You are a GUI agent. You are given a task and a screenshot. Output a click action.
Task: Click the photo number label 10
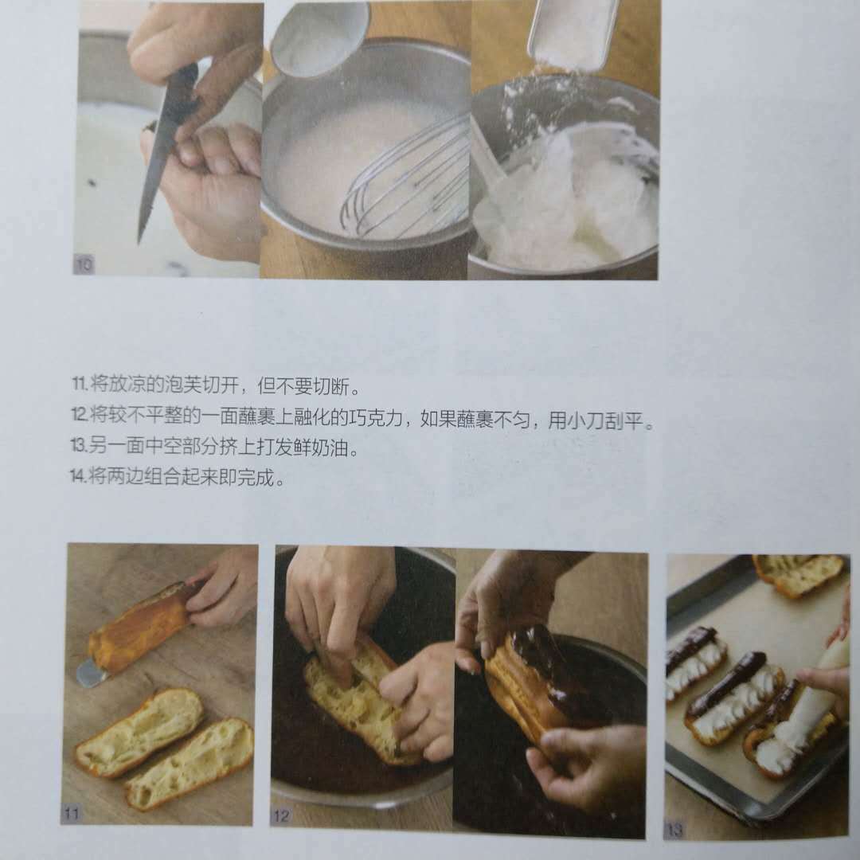[x=84, y=265]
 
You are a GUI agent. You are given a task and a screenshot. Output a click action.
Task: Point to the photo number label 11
[x=72, y=813]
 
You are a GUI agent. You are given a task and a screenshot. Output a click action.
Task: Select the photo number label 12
[x=281, y=815]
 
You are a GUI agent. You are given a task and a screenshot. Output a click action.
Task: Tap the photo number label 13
[x=674, y=830]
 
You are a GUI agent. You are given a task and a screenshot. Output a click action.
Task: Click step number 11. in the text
[x=80, y=383]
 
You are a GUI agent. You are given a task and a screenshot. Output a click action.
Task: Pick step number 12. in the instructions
[x=80, y=415]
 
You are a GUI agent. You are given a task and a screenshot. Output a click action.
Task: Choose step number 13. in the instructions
[x=79, y=445]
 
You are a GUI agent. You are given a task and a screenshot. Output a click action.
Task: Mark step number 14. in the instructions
[x=78, y=476]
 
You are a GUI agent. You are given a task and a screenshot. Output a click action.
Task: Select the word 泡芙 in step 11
[x=183, y=385]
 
